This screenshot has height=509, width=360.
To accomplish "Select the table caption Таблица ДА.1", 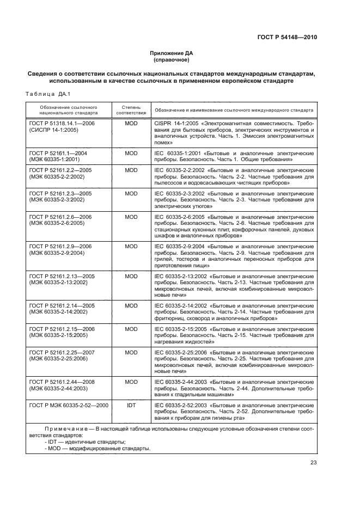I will (x=45, y=94).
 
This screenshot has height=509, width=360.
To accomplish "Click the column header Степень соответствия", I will (x=131, y=111).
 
